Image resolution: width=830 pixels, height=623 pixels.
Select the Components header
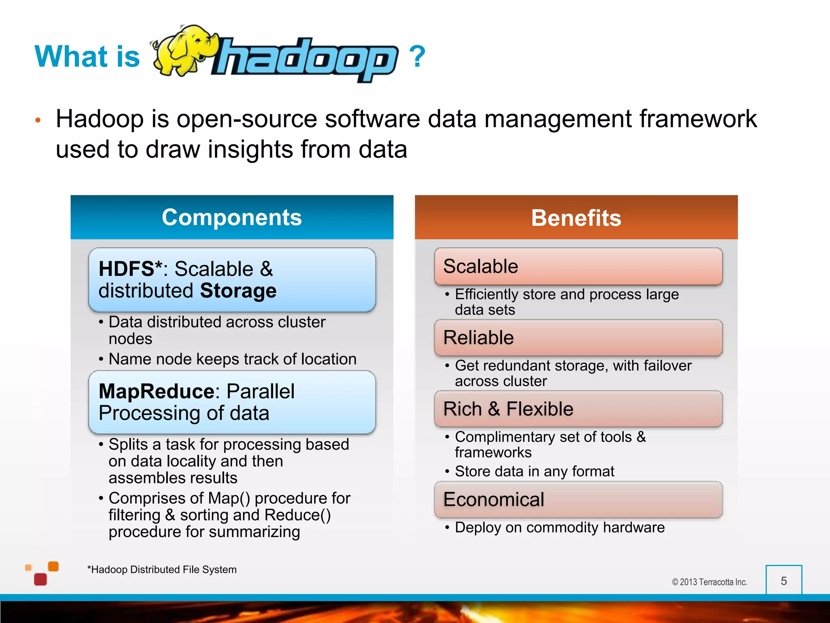[232, 217]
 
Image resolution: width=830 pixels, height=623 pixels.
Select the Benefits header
[576, 218]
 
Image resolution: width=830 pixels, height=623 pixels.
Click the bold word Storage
[238, 291]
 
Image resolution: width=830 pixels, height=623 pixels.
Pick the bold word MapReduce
[156, 391]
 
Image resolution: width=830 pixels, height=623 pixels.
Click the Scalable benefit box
[578, 266]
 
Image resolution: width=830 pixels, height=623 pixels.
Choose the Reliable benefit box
[578, 338]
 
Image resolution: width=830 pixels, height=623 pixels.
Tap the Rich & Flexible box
[578, 409]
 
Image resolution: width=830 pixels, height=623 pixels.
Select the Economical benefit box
[578, 499]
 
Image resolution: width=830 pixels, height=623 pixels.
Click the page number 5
[784, 581]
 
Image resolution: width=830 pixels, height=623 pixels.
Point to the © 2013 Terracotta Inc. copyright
[709, 582]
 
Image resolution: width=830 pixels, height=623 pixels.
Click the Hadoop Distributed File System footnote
[162, 569]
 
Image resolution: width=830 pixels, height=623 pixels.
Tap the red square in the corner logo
[41, 579]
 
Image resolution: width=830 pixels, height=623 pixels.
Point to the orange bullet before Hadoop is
[38, 120]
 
